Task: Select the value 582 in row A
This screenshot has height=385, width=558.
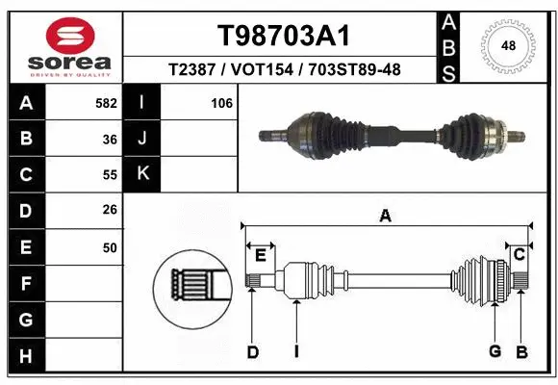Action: (107, 102)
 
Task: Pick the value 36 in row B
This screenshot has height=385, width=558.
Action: (110, 139)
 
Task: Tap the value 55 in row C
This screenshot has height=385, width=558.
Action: (110, 174)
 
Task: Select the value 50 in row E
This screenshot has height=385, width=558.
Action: (110, 247)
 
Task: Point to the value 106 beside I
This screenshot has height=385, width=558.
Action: (221, 102)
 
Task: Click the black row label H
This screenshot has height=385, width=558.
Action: (25, 356)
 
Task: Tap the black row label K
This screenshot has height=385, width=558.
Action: (143, 174)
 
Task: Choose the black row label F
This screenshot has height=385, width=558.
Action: (25, 284)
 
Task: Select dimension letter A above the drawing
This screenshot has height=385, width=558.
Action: (385, 217)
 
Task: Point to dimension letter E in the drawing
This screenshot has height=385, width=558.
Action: (260, 254)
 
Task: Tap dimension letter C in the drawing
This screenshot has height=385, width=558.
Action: (519, 254)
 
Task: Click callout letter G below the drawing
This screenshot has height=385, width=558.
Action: (495, 351)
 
